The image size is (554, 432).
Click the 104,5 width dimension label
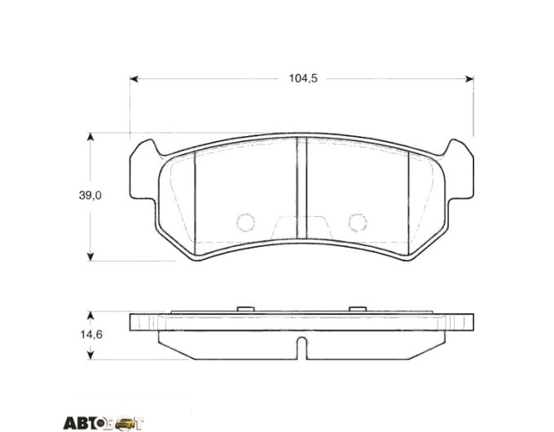(x=303, y=78)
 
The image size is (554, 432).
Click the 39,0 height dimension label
(x=90, y=195)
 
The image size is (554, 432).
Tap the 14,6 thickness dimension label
(x=91, y=334)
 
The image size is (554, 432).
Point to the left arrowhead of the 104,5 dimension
(x=134, y=79)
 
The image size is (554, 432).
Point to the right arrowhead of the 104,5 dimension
(x=469, y=79)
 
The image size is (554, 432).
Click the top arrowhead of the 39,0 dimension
(x=90, y=137)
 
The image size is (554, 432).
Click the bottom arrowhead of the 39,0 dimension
(x=90, y=257)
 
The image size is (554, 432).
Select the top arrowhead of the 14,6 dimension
(x=90, y=315)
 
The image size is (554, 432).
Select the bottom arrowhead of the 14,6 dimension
(x=90, y=355)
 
